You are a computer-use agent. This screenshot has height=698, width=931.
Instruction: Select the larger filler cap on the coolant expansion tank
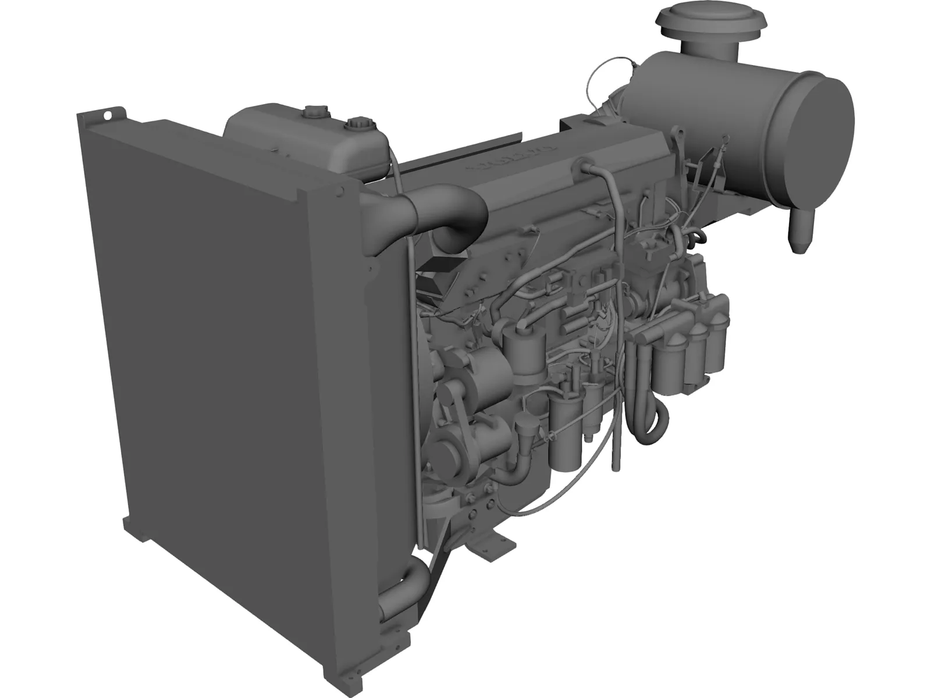356,126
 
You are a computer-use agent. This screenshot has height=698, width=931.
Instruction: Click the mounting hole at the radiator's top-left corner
108,115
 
